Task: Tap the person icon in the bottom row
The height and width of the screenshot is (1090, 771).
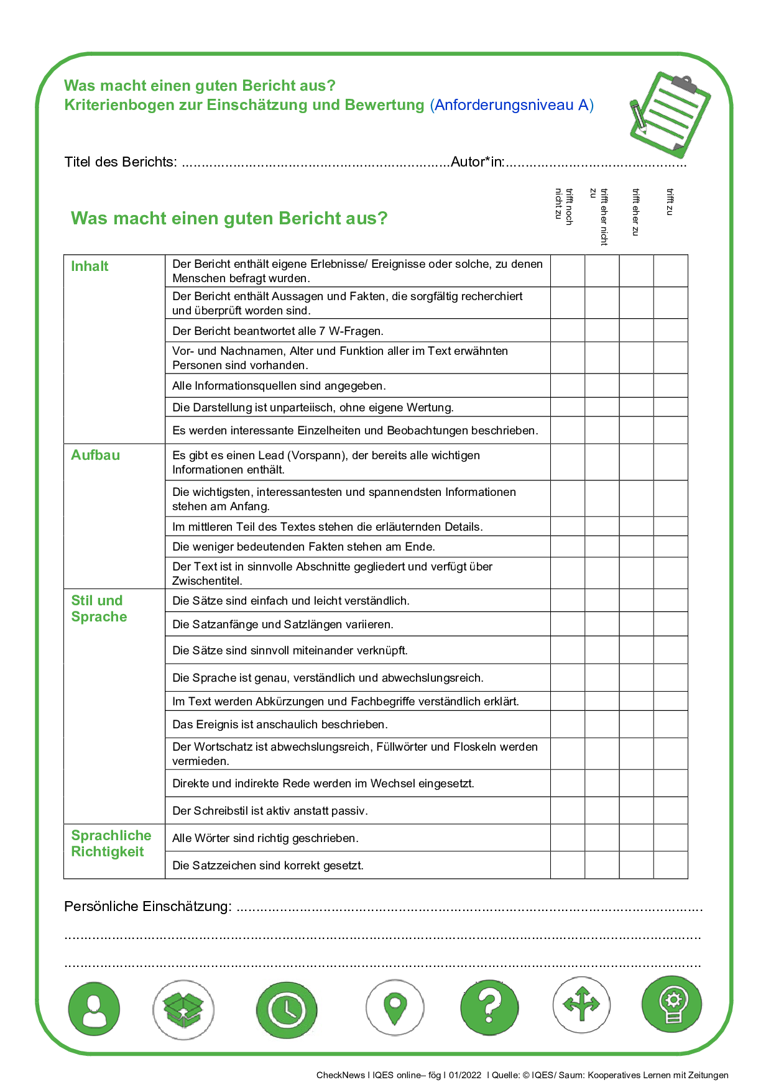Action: pos(94,1009)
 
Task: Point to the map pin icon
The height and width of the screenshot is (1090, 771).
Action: pos(395,1008)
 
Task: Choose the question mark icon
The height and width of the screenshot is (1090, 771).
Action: pos(489,1007)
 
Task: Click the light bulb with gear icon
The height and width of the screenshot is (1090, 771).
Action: pos(672,1004)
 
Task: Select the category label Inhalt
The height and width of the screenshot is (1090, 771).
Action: pos(90,267)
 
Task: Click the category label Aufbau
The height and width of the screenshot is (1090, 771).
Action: pos(95,456)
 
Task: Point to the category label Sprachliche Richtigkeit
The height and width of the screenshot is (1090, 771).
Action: pos(111,843)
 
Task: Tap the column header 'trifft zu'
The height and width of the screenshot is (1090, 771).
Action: pos(670,203)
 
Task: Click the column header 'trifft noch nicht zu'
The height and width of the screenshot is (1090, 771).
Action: pos(563,206)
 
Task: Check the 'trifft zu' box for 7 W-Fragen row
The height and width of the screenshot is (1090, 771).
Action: pos(670,331)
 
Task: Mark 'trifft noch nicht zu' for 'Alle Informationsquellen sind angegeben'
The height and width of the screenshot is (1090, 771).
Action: pos(568,386)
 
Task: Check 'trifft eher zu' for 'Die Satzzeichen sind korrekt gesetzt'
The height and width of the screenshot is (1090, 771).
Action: pos(636,865)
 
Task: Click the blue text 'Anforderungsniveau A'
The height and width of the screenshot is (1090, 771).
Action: pos(512,105)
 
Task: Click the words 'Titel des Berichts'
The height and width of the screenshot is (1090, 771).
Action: pos(120,162)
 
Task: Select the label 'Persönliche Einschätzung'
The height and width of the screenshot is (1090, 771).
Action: pos(147,907)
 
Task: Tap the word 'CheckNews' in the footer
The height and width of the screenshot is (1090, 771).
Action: pos(340,1075)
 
